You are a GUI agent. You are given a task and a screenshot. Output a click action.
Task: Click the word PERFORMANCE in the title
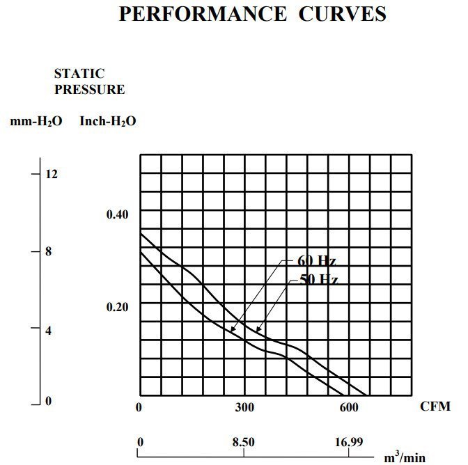[201, 14]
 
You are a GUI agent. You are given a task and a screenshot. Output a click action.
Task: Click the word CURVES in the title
[342, 14]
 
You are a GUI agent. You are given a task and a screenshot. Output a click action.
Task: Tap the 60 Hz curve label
[317, 261]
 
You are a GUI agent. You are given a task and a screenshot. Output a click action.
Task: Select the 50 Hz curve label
[318, 280]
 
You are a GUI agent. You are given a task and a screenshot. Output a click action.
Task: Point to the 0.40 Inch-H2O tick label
[117, 214]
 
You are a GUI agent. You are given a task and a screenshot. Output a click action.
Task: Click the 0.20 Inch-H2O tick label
[117, 307]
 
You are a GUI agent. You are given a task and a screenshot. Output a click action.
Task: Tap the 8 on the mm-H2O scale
[48, 251]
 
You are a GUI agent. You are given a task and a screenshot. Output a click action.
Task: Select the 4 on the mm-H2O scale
[48, 331]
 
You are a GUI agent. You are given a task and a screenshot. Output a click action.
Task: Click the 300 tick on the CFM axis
[244, 407]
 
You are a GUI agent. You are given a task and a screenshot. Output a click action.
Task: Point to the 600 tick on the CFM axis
[348, 407]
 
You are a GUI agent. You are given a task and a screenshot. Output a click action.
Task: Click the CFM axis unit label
[435, 406]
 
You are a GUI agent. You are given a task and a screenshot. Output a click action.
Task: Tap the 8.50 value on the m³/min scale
[244, 442]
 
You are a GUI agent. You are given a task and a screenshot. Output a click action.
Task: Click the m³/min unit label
[405, 456]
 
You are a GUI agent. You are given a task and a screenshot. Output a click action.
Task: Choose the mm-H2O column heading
[36, 121]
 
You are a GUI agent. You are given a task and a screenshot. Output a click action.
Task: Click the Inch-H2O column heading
[108, 121]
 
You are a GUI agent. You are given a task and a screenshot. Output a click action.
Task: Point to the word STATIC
[79, 73]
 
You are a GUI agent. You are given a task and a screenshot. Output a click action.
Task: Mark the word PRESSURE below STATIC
[90, 89]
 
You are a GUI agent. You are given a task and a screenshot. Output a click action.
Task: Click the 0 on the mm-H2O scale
[48, 401]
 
